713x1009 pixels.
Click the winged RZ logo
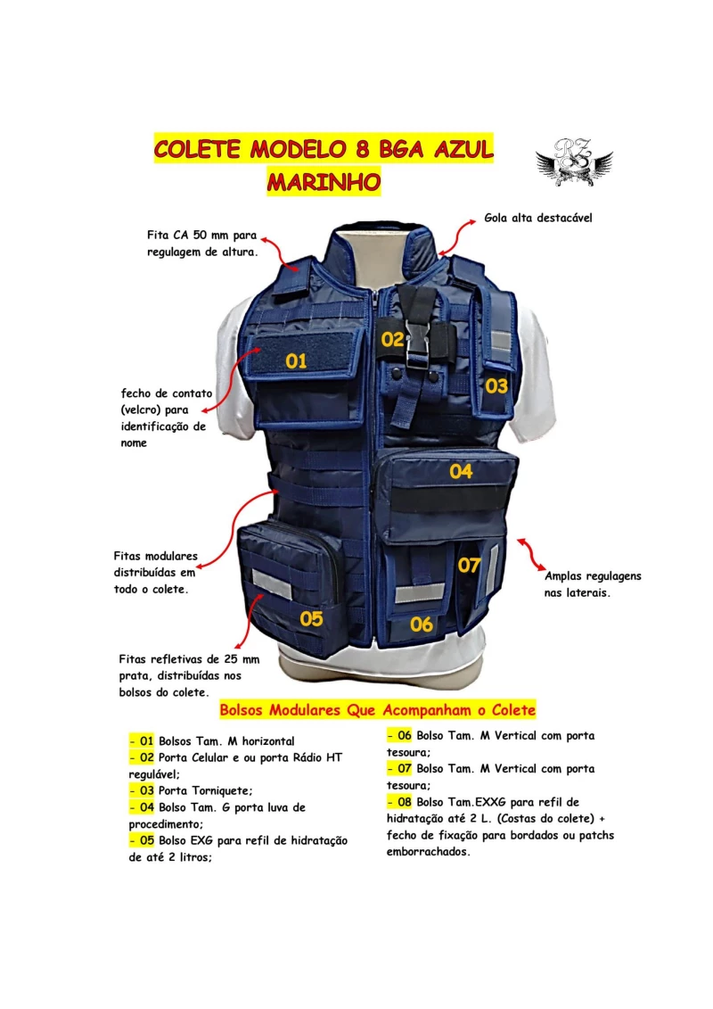[x=573, y=162]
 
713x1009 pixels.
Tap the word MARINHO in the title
[x=324, y=181]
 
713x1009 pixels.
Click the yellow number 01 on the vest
[x=296, y=360]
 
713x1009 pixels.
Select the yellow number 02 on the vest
[x=392, y=339]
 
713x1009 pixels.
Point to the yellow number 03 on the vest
[x=496, y=386]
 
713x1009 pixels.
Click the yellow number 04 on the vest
[x=461, y=471]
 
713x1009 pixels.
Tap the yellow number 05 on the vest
[x=311, y=618]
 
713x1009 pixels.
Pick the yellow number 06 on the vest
[x=422, y=624]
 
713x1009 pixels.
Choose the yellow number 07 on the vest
[x=470, y=565]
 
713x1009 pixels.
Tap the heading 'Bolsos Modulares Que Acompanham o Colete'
[x=377, y=710]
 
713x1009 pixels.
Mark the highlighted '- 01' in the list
[x=142, y=741]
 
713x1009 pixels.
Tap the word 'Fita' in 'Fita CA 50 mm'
[x=160, y=237]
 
